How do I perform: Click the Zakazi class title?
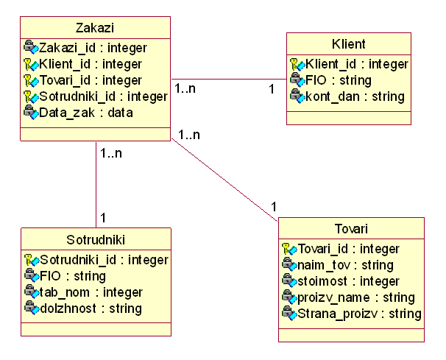94,29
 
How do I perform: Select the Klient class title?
348,44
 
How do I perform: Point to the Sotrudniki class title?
96,240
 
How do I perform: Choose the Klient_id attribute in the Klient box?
355,64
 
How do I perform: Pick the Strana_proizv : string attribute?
359,314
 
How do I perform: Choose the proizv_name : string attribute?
355,297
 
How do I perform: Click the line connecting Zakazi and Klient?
228,80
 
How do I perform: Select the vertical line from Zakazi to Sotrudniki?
96,184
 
